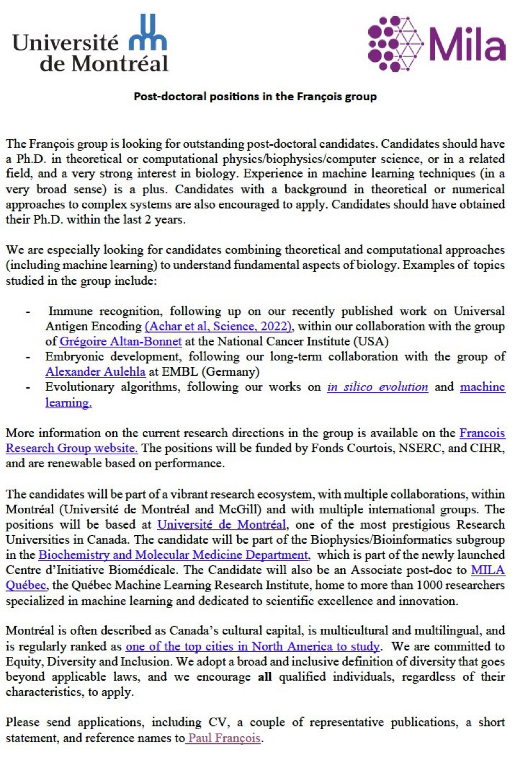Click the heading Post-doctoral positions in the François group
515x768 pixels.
(256, 96)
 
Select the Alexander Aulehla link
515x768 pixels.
(95, 372)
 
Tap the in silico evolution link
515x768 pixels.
(377, 387)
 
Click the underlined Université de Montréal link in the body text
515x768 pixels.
(222, 525)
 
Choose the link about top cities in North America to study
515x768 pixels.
(252, 646)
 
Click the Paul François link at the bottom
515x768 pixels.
(224, 738)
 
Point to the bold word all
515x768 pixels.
(265, 677)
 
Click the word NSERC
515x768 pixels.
(408, 448)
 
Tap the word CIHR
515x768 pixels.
(485, 448)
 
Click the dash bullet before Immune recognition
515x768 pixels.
(27, 312)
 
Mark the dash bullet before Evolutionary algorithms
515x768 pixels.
(27, 388)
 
